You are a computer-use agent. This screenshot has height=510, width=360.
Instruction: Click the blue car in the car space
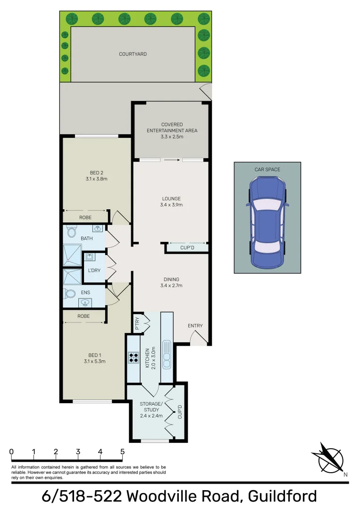(x=268, y=222)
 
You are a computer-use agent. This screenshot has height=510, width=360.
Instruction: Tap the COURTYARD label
(x=133, y=54)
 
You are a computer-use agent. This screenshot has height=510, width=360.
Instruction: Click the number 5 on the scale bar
(x=122, y=451)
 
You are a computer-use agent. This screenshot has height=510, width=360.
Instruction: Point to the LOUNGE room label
(x=171, y=199)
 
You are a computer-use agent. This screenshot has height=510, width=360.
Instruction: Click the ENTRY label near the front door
(x=195, y=326)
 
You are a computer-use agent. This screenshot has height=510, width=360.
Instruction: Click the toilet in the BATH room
(x=72, y=232)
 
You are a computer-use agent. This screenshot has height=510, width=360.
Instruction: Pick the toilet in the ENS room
(x=70, y=293)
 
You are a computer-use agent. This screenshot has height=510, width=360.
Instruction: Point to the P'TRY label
(x=137, y=324)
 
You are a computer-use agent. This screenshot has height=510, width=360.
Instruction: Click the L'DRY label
(x=94, y=271)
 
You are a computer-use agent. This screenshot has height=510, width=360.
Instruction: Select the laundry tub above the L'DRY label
(x=89, y=257)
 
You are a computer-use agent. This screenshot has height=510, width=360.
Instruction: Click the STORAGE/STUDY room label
(x=151, y=407)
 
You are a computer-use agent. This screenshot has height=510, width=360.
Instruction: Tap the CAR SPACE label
(x=267, y=169)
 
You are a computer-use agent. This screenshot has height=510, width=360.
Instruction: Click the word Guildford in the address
(x=282, y=496)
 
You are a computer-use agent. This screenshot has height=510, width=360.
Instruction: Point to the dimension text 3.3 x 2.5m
(x=172, y=136)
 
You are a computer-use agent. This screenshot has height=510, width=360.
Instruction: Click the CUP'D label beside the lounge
(x=187, y=248)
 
